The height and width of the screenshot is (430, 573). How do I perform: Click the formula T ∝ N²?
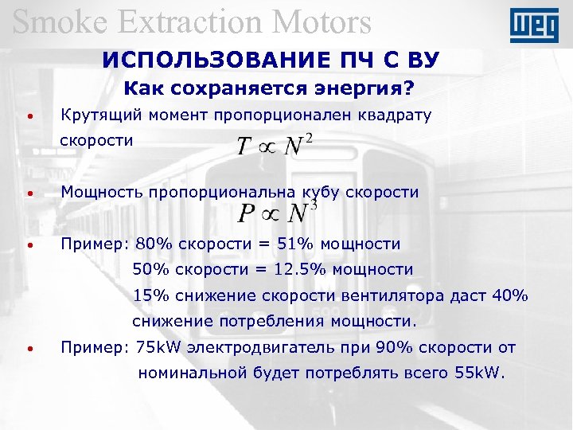(275, 147)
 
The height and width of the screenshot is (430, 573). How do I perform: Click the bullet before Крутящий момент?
(29, 117)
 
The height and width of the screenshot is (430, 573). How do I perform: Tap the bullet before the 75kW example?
(29, 350)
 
